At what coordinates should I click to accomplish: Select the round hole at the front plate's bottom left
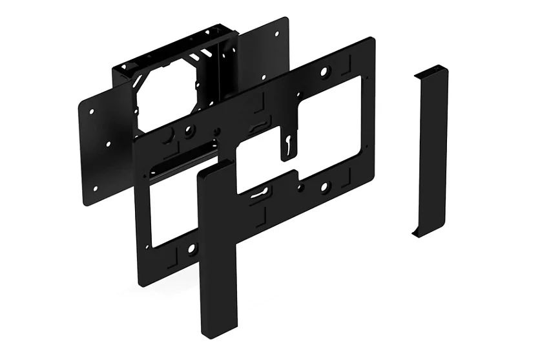(191, 249)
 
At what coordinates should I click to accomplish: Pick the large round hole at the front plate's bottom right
(325, 187)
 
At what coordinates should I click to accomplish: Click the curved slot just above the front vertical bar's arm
(258, 192)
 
